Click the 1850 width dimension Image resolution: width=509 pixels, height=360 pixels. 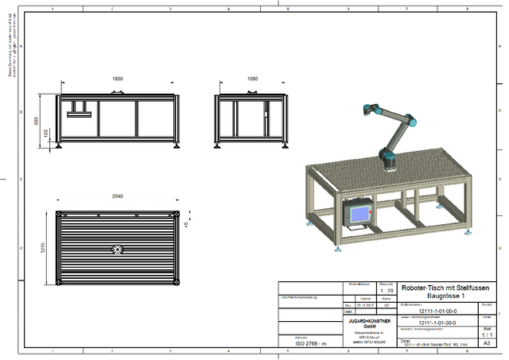pyautogui.click(x=117, y=79)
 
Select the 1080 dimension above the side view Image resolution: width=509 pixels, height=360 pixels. pyautogui.click(x=252, y=79)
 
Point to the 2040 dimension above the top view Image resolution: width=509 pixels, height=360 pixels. pyautogui.click(x=117, y=195)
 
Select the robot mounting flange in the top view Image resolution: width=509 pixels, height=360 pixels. pyautogui.click(x=118, y=250)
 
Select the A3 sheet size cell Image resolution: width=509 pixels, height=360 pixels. pyautogui.click(x=487, y=343)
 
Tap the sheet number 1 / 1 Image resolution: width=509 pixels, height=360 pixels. pyautogui.click(x=487, y=335)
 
